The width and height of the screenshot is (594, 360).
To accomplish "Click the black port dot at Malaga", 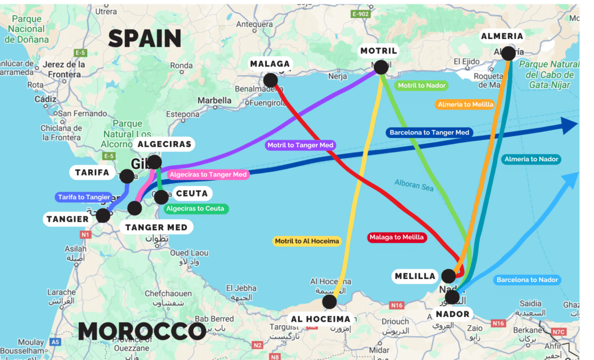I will point(270,80).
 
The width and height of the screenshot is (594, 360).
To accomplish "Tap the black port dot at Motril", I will point(381,67).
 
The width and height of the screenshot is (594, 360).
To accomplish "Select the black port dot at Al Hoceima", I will point(329,301).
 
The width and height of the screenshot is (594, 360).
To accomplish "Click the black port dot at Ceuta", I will point(162,197).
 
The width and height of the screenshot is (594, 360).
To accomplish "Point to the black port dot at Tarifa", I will point(127,176).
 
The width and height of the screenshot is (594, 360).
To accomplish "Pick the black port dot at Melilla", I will point(448,276).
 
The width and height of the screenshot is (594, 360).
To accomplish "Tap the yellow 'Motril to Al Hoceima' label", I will point(307,241).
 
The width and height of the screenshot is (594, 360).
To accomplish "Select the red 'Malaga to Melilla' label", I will point(397,237).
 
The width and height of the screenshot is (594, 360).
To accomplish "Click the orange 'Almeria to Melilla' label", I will point(465,104).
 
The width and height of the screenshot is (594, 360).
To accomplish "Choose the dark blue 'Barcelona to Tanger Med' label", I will point(429,132).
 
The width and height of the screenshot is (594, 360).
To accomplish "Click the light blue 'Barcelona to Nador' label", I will point(527,279).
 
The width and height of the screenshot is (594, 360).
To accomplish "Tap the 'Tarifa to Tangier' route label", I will point(84,197).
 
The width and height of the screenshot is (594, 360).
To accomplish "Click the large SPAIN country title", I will point(144,38).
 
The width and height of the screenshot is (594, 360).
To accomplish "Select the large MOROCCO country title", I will point(142,331).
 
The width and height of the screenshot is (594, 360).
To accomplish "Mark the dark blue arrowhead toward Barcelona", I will point(569,125).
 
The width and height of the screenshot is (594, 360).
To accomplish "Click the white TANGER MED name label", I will point(157,227).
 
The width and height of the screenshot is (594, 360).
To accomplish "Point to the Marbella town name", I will point(214,100).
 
